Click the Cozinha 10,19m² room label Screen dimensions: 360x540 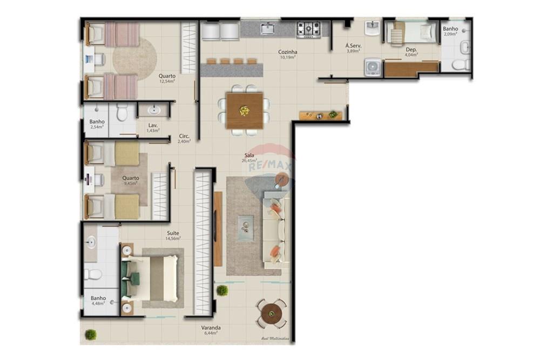pos(288,55)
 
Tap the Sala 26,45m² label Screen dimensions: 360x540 pos(248,158)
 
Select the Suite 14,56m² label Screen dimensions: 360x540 pos(173,235)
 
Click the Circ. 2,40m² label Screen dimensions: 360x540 pos(184,139)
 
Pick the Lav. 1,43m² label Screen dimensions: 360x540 pos(153,128)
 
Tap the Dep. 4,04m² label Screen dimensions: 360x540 pos(411,52)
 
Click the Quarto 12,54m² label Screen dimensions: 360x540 pos(167,79)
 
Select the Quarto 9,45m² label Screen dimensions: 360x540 pos(130,180)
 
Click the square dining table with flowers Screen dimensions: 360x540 pos(245,111)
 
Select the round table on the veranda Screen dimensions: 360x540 pos(271,313)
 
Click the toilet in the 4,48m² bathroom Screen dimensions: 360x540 pos(93,274)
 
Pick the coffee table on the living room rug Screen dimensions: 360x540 pos(246,227)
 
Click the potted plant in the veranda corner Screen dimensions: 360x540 pos(91,334)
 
